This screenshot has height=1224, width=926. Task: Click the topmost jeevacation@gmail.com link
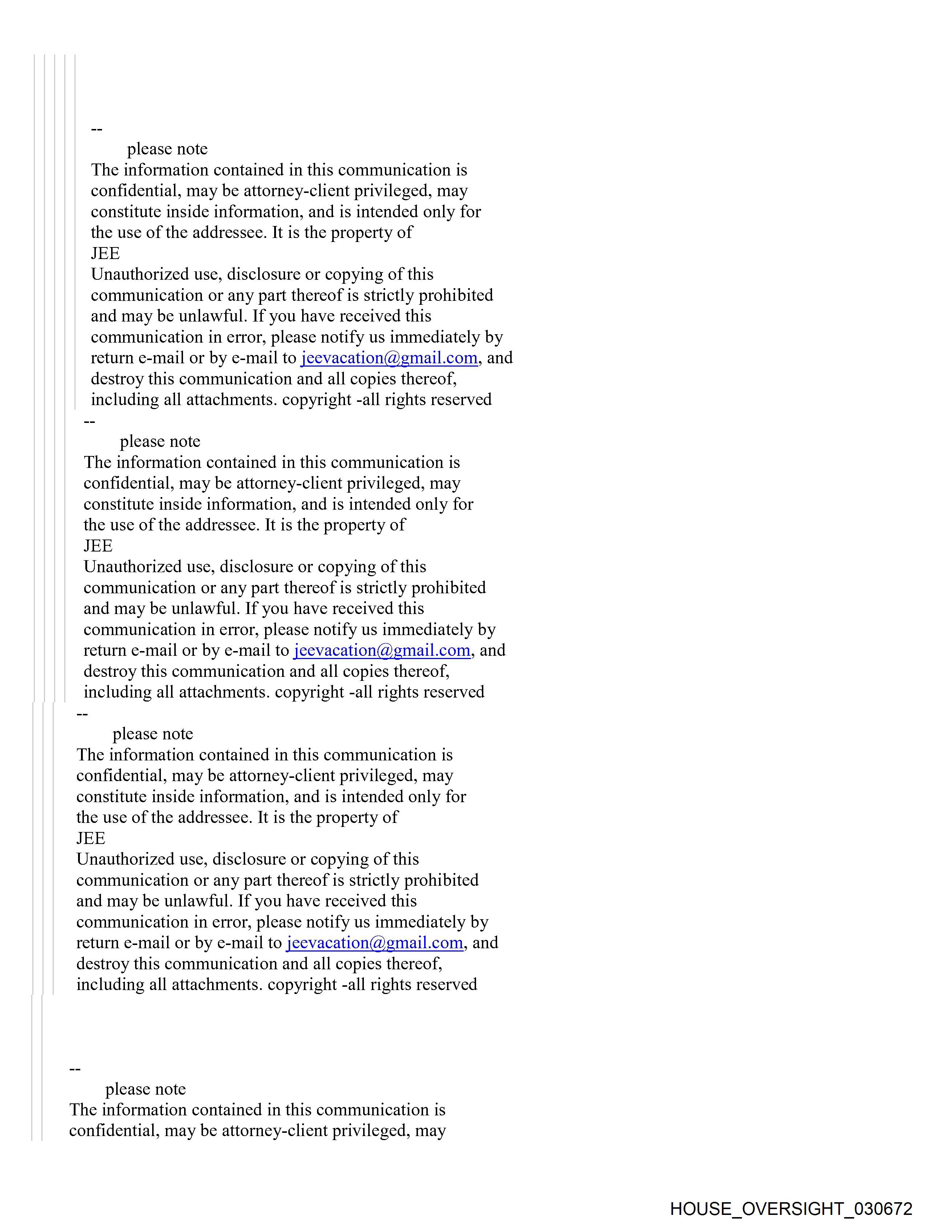pos(389,358)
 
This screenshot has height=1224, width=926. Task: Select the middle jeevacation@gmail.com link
pos(382,650)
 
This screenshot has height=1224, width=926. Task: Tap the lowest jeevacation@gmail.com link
pos(374,943)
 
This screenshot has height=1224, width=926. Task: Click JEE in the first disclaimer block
pos(105,254)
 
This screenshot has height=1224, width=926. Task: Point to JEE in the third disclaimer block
pos(91,838)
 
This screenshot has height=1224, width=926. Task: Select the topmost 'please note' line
pos(167,149)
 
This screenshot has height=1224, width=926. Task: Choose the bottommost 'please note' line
pos(146,1089)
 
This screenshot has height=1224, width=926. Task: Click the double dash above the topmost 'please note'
pos(97,129)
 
